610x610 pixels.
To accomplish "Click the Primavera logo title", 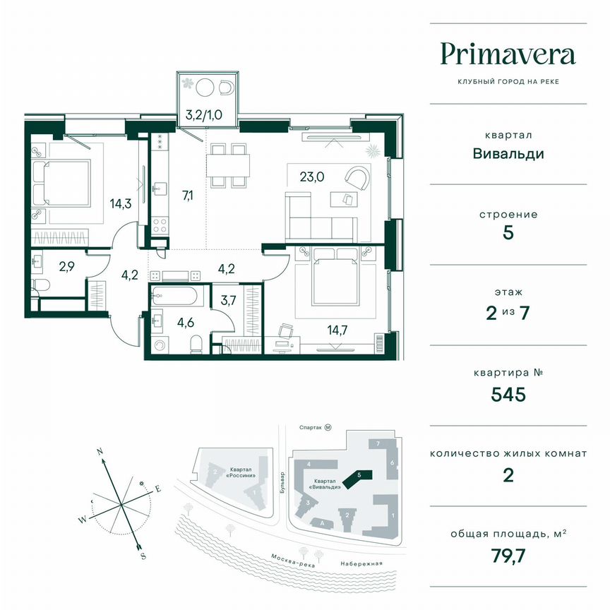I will [508, 54].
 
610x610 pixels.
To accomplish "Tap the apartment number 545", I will [508, 394].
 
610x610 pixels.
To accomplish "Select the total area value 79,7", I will [508, 555].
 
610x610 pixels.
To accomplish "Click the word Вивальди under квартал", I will [508, 153].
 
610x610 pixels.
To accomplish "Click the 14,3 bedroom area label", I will [121, 205].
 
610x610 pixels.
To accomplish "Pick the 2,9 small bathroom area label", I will [66, 267].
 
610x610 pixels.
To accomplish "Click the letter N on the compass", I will [101, 450].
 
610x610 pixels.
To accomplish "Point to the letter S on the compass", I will [143, 556].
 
